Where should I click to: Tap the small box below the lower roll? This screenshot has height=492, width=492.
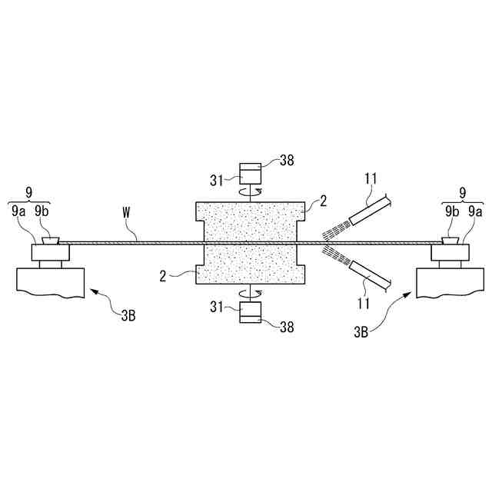click(x=251, y=311)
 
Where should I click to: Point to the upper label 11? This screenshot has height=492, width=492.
click(x=370, y=180)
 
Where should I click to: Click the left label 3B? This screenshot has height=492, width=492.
click(x=127, y=315)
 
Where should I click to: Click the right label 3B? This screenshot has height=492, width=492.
click(x=361, y=332)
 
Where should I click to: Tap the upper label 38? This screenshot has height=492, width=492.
click(x=287, y=161)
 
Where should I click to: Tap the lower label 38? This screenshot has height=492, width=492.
click(x=287, y=326)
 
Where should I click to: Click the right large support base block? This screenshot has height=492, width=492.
click(x=445, y=279)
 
